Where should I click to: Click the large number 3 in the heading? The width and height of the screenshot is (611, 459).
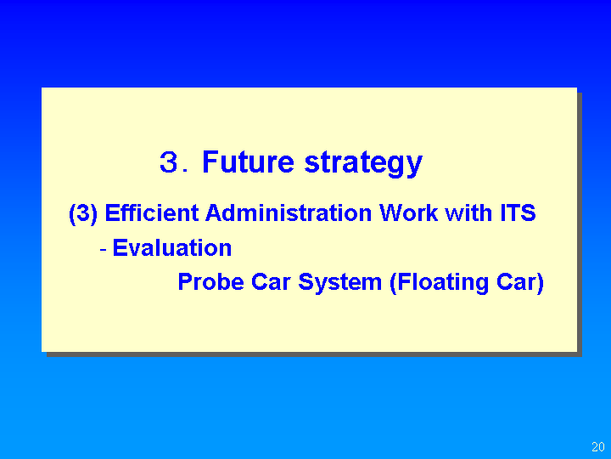169,162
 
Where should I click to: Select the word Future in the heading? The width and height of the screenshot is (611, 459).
248,161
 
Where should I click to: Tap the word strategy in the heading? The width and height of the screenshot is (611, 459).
363,164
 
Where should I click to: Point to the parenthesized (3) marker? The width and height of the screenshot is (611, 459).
83,214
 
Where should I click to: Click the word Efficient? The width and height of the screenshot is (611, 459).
152,212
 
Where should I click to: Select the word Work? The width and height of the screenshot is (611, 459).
409,212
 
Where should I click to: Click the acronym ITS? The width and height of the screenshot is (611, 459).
518,212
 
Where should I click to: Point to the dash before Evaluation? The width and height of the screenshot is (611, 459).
104,248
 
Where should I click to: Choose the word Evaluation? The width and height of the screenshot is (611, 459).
171,247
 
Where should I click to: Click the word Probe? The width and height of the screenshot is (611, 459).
210,281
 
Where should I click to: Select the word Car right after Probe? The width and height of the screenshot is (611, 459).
271,281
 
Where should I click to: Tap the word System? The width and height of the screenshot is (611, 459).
339,282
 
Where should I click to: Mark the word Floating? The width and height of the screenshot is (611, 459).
440,282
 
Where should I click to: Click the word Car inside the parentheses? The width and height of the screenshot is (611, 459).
516,281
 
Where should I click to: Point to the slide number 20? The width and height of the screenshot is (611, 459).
597,446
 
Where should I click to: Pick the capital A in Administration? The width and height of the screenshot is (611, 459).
215,212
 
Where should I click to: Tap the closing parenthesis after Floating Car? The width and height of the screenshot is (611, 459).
540,283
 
